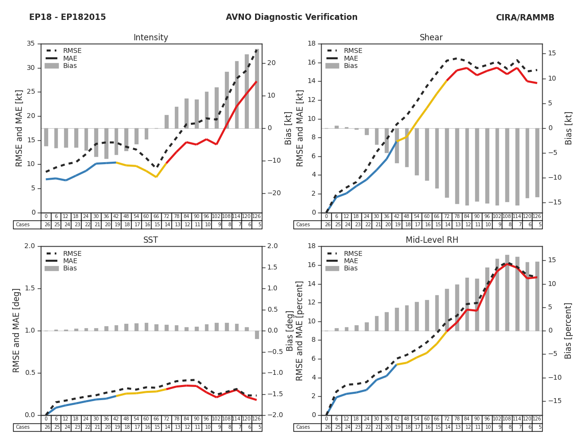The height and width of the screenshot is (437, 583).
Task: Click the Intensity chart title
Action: click(151, 38)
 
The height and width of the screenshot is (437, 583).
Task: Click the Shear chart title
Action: click(431, 38)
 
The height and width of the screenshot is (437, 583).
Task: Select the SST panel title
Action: click(151, 240)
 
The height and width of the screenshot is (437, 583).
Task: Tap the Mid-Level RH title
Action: click(431, 240)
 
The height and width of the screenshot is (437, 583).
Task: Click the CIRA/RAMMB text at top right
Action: click(525, 17)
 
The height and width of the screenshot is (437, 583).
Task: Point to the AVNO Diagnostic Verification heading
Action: click(291, 17)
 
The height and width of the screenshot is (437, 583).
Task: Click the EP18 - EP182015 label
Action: click(68, 17)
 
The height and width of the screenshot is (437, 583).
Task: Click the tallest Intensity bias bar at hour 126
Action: click(257, 87)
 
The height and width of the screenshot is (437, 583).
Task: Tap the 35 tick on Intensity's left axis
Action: click(30, 44)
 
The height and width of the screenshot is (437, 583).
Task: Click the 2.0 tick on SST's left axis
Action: click(30, 246)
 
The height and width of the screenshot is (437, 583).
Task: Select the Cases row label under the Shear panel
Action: click(303, 225)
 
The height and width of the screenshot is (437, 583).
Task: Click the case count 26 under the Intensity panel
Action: click(47, 225)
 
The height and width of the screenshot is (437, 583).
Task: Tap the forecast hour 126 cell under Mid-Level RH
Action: click(537, 419)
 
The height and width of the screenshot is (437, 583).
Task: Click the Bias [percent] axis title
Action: click(568, 330)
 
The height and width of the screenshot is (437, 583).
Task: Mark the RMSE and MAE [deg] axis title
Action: click(17, 330)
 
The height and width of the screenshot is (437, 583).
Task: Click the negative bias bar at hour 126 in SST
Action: click(257, 335)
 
